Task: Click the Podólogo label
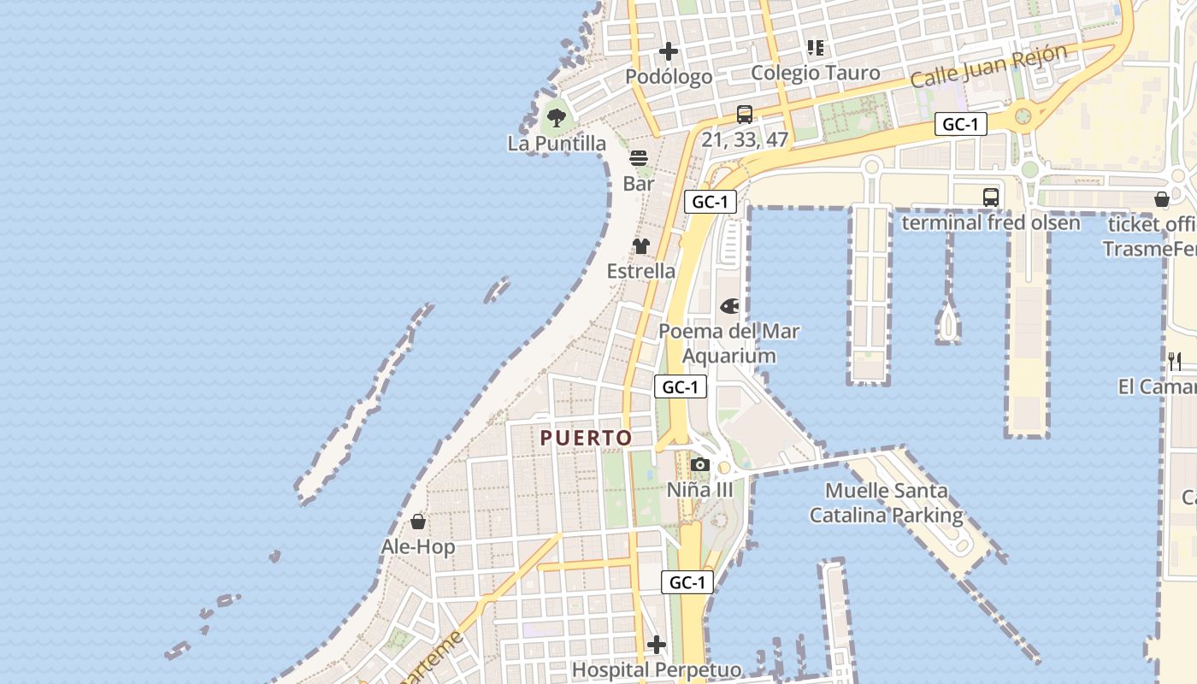point(669,77)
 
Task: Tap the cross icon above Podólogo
point(669,51)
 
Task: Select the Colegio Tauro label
point(815,73)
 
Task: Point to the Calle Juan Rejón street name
point(989,66)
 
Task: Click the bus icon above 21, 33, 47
point(745,115)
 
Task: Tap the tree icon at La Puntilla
point(557,118)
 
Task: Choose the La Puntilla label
point(557,144)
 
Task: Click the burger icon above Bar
point(639,158)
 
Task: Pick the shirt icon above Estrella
point(641,246)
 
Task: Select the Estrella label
point(641,272)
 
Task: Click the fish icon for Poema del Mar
point(729,306)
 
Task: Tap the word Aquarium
point(729,356)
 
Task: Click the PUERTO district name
point(587,439)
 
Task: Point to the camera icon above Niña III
point(700,465)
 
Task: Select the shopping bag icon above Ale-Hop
point(418,522)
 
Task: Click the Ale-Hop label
point(418,547)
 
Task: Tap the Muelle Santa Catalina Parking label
point(887,504)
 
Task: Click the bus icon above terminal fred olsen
point(990,198)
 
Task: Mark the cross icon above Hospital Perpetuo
point(657,644)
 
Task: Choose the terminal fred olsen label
point(991,223)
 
